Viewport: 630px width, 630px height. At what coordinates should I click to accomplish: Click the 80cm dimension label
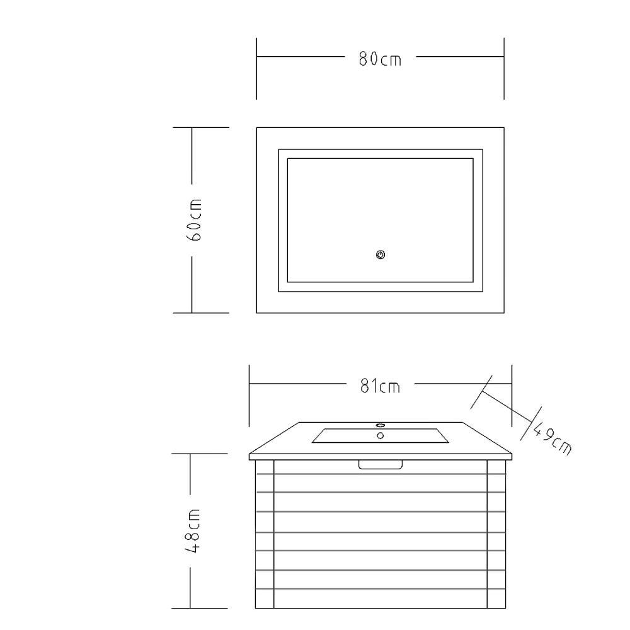[380, 59]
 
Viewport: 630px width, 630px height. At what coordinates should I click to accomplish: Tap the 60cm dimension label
[194, 219]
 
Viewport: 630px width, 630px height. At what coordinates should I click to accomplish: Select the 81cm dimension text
[380, 386]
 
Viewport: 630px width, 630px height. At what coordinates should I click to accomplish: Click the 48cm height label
[193, 531]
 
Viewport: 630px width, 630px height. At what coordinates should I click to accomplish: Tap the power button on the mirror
[381, 255]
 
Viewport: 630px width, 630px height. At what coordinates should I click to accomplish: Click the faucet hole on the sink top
[380, 425]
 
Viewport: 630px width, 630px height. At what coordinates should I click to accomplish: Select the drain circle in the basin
[380, 435]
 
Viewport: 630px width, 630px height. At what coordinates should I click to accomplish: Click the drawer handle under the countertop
[380, 464]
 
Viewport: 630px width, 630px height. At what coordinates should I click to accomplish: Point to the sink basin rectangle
[380, 435]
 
